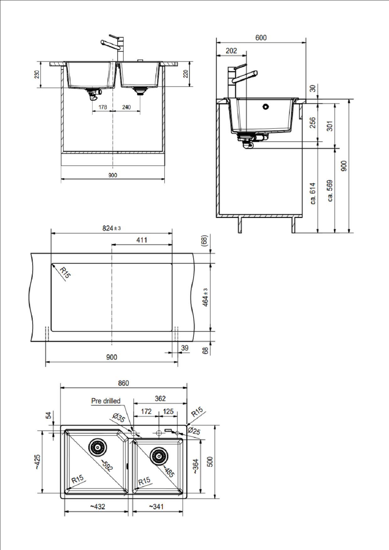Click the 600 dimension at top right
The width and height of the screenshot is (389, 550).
[x=261, y=38]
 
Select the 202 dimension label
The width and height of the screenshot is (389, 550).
[x=231, y=51]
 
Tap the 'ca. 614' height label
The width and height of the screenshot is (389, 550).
[x=313, y=193]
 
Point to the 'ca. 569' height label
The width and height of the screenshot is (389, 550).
[x=330, y=190]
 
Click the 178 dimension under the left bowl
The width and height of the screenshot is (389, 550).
[x=103, y=107]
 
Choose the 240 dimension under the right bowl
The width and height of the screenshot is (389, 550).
[x=126, y=107]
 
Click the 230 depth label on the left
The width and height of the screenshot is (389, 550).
[x=37, y=75]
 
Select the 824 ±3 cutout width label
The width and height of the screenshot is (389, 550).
[x=111, y=228]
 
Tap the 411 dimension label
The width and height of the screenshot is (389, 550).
[x=141, y=240]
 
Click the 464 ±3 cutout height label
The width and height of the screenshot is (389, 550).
[x=205, y=297]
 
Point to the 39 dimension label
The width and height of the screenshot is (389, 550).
[x=185, y=348]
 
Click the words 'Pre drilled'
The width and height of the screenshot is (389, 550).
[x=106, y=401]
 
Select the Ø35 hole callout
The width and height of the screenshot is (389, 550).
[x=119, y=418]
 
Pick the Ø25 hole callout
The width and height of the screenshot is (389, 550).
[x=194, y=431]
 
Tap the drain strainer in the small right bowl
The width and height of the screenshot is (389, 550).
[x=159, y=456]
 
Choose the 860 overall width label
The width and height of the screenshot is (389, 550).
[x=123, y=383]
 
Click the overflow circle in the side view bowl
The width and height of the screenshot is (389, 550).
[x=266, y=107]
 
